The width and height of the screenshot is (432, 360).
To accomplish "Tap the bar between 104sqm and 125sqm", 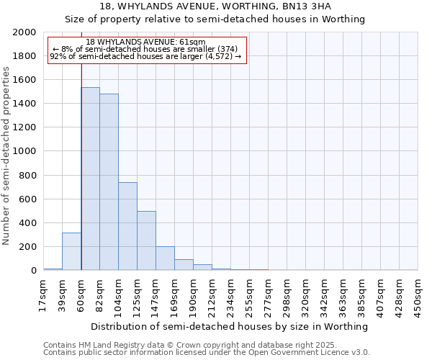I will tap(127, 226).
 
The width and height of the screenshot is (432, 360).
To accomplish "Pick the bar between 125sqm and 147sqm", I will tap(146, 240).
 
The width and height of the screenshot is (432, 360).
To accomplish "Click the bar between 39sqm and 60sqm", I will tap(71, 251).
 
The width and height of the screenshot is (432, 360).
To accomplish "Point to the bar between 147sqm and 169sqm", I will tap(165, 258).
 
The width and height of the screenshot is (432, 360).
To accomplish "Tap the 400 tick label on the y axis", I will tap(30, 223).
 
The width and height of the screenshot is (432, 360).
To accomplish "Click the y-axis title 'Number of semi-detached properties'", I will tap(6, 155).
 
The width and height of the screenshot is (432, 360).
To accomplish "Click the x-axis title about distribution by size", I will tap(230, 326).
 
